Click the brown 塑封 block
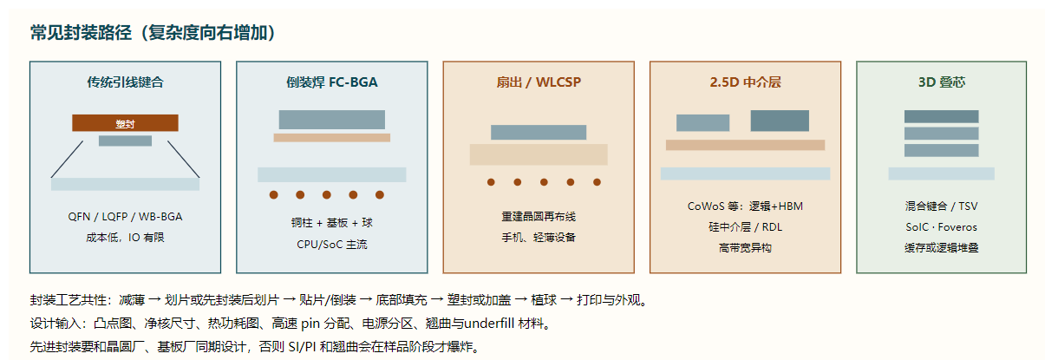point(125,123)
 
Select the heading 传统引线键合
point(125,82)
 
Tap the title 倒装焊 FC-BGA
point(331,82)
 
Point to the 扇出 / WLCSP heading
point(539,82)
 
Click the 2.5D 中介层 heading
point(745,82)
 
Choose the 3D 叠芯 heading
point(942,82)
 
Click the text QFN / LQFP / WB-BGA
point(125,217)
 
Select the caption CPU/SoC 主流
point(331,245)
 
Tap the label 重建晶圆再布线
point(539,217)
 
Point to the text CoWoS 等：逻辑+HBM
point(745,206)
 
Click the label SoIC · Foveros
point(942,227)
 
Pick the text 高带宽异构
point(745,248)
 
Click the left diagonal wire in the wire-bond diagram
point(67,160)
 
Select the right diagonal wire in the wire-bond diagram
point(183,160)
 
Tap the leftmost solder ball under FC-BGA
point(274,194)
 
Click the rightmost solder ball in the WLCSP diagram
point(597,182)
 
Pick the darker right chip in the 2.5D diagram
point(780,121)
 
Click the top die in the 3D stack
point(942,116)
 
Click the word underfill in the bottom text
point(489,323)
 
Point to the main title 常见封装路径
point(82,33)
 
